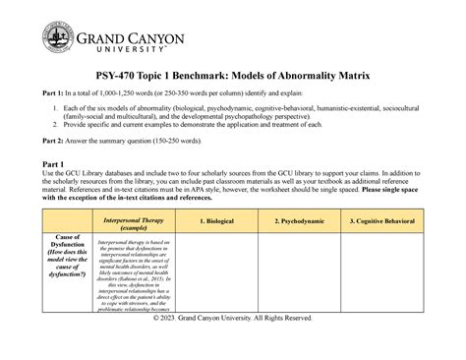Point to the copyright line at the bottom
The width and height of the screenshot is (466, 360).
pos(233,346)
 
